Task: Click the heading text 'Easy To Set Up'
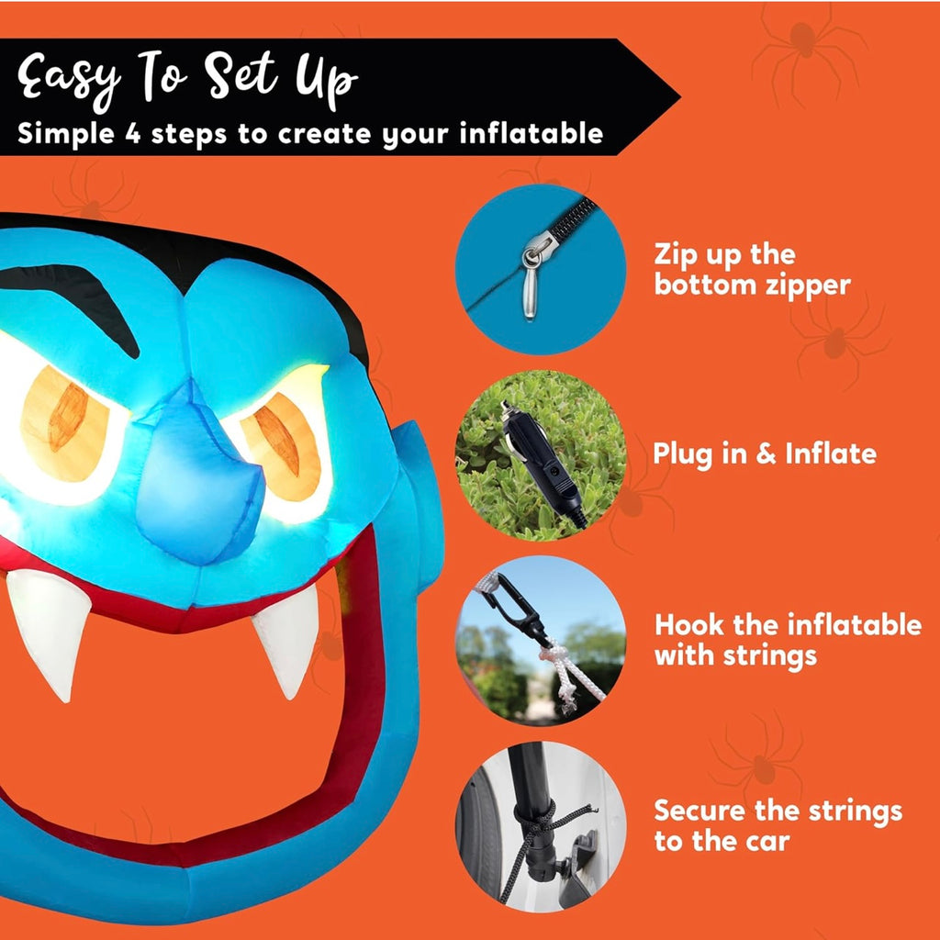pos(187,80)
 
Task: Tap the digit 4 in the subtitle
pos(132,133)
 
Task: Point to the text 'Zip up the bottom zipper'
pos(752,270)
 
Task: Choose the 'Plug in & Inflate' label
pos(765,453)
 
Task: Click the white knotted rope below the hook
pos(569,675)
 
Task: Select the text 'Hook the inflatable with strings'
pos(788,640)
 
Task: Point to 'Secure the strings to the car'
pos(778,825)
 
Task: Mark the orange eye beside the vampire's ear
pos(281,447)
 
